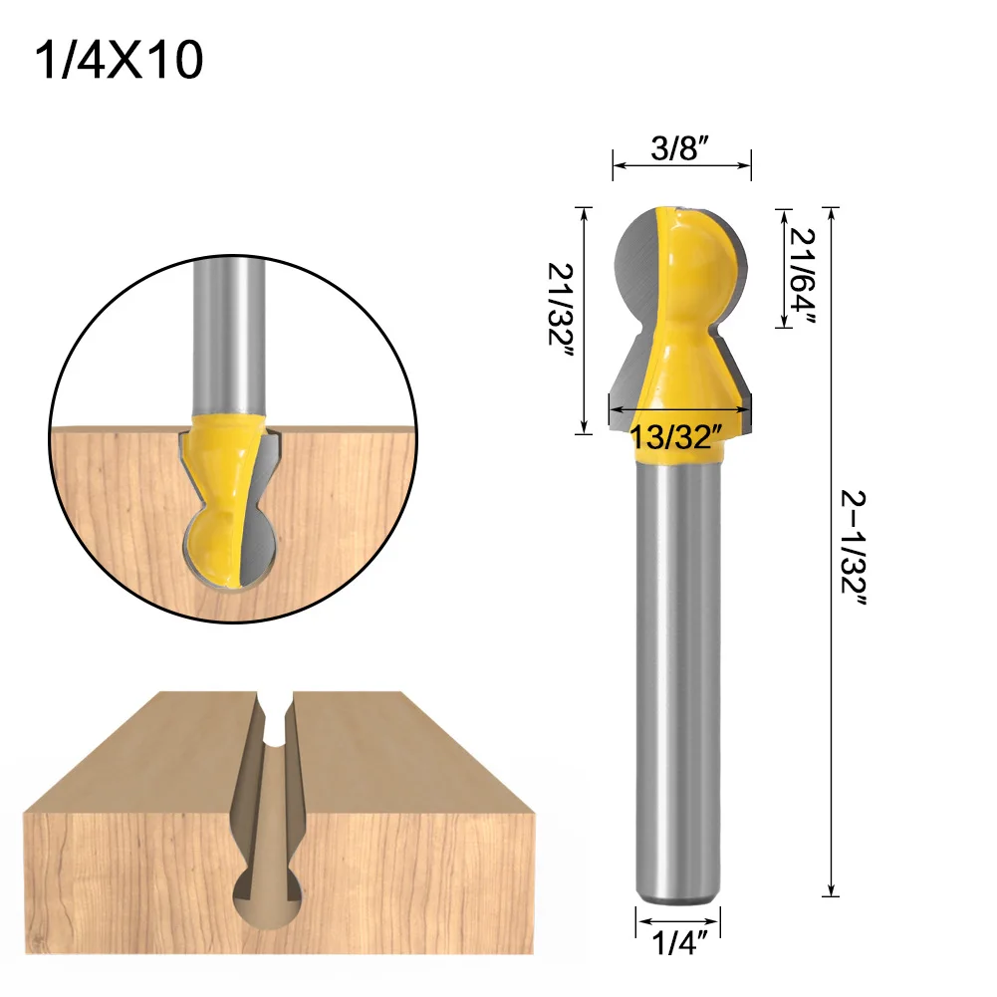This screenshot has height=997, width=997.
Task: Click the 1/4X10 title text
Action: [119, 62]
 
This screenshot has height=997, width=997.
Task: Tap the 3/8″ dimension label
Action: [679, 150]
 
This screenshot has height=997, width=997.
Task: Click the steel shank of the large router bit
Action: [678, 677]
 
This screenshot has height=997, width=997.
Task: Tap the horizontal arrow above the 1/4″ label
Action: [678, 920]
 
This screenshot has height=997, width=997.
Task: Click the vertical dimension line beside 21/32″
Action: [584, 320]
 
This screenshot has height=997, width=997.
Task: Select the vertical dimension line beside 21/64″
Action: [781, 269]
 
